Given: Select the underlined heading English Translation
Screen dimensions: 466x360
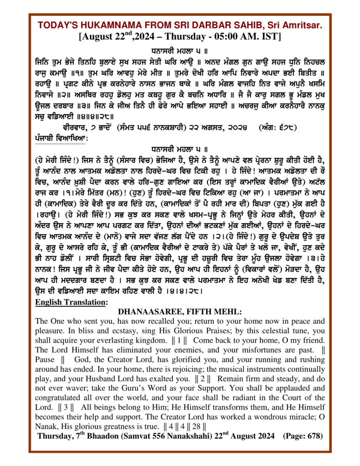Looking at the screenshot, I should pos(71,302).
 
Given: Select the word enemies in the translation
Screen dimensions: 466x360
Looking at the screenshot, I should pos(168,350).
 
